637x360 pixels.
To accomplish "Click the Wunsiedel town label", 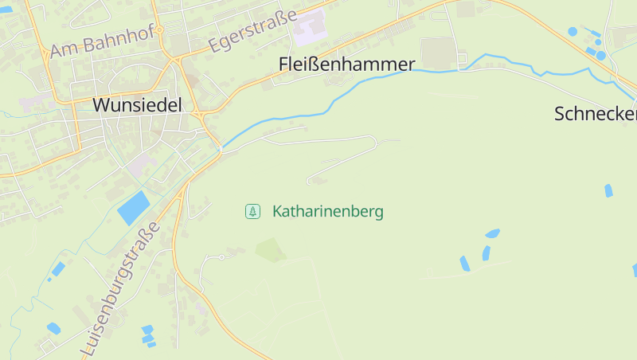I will (x=137, y=105).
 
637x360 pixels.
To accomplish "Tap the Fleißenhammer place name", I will (x=347, y=65).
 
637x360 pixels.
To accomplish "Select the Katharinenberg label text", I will (x=327, y=212).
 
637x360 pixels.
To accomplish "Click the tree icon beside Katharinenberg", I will (x=252, y=211).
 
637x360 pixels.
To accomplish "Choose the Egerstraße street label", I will (x=252, y=32).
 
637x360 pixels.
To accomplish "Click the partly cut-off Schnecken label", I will (x=596, y=114).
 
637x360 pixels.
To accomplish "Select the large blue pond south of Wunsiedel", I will (x=133, y=209).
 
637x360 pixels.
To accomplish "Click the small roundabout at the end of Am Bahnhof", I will (x=159, y=30).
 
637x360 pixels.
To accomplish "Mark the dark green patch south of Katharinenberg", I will (x=271, y=250).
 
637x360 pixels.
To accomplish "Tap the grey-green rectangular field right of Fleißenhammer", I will (x=436, y=53).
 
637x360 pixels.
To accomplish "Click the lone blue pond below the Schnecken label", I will (x=608, y=190).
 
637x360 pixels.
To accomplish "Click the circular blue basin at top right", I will (x=573, y=32).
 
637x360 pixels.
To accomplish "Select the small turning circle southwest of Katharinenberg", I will (x=205, y=258).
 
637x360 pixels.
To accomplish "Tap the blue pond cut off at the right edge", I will (x=635, y=270).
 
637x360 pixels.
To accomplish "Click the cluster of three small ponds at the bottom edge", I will (x=147, y=335).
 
